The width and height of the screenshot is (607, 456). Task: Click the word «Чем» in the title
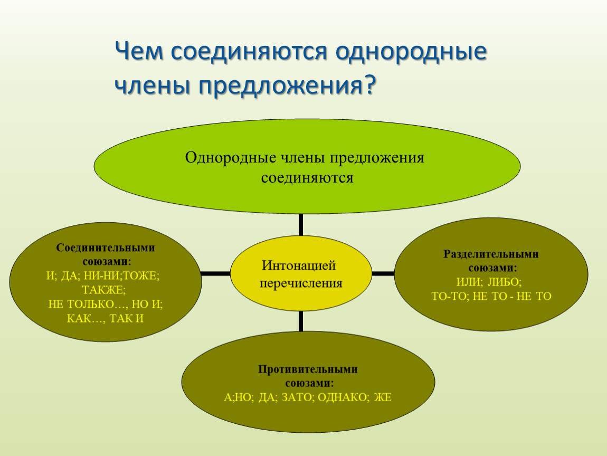[x=139, y=52]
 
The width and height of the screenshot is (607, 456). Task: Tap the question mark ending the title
[x=369, y=84]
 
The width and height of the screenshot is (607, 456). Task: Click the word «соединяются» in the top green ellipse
[x=307, y=178]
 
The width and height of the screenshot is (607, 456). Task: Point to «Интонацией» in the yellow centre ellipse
[x=298, y=265]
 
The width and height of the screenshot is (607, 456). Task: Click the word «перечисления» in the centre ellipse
[x=301, y=284]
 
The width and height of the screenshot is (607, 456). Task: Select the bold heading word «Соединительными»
[x=105, y=248]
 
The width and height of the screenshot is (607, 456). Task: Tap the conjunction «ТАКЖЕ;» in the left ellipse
[x=104, y=290]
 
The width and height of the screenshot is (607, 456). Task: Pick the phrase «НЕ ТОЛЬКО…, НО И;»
[x=105, y=304]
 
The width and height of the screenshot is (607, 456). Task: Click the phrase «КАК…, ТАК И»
[x=105, y=319]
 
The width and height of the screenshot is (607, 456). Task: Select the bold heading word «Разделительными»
[x=491, y=254]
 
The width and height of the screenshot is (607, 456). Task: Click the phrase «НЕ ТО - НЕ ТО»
[x=512, y=297]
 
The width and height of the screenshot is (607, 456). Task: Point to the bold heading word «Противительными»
[x=308, y=369]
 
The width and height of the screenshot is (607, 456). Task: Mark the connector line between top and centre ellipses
[x=301, y=224]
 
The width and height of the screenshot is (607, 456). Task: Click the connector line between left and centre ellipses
[x=216, y=274]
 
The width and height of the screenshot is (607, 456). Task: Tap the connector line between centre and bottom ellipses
[x=301, y=321]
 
